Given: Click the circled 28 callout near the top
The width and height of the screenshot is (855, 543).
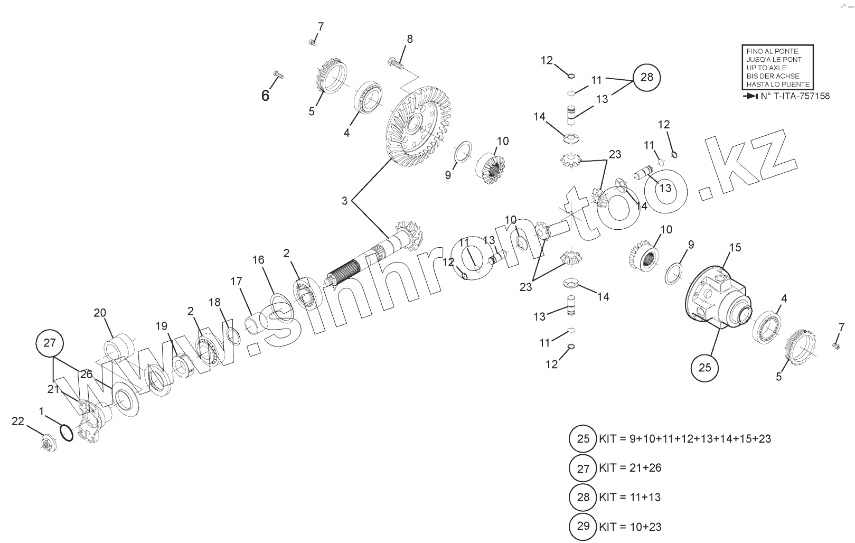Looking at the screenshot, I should pos(646,77).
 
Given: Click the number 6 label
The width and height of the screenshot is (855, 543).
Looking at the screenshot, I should pos(265,95).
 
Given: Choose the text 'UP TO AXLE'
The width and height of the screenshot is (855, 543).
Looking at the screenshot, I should pos(766,68).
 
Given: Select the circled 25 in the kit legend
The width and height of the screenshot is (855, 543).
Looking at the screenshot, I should pos(583,438).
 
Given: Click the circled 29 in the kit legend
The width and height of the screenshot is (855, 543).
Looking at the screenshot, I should pos(583,526).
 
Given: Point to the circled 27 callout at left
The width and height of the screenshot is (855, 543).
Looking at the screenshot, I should pos(49,343).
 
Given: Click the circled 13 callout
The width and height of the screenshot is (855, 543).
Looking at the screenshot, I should pos(665,188).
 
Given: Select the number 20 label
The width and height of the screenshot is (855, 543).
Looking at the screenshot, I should pos(100,313).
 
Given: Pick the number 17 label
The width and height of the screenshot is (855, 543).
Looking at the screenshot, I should pos(236,281).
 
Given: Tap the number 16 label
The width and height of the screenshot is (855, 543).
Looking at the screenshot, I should pos(258,260).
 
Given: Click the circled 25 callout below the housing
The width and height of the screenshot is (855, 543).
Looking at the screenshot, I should pos(705,367).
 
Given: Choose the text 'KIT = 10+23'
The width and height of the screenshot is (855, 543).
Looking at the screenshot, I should pos(630,527).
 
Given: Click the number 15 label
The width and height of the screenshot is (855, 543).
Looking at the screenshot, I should pos(735,247).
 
